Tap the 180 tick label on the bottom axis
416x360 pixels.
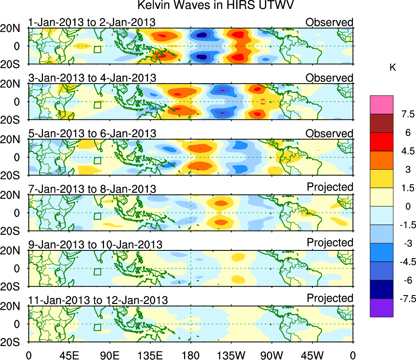191,354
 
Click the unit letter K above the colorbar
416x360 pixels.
392,68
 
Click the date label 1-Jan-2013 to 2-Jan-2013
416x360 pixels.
92,22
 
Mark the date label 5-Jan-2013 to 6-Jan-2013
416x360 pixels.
92,134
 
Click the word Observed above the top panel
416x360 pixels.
329,22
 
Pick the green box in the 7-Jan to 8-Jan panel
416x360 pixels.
97,216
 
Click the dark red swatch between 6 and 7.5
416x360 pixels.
381,123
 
